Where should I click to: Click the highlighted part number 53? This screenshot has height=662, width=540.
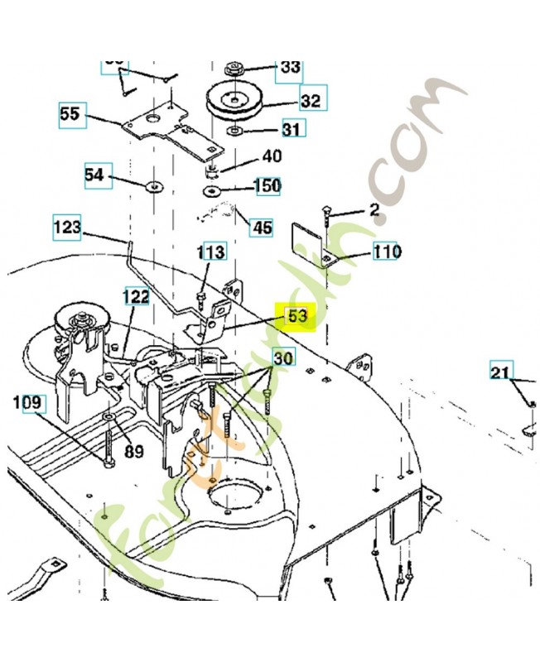297,315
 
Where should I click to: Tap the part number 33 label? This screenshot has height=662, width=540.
290,67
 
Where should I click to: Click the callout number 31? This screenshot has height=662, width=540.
291,129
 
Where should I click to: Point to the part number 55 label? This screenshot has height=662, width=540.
72,114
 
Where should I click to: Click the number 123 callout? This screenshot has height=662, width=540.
67,226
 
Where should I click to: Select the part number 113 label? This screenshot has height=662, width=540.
212,252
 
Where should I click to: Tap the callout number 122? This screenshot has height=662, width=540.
137,296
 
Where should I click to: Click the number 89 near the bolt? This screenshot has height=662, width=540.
134,451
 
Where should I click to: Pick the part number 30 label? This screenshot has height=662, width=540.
283,358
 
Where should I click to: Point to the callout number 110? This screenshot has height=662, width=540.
386,252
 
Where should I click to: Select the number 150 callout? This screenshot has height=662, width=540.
267,185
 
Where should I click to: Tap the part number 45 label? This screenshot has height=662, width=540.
262,226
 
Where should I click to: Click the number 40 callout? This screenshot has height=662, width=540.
272,156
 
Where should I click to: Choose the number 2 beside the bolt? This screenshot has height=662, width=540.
374,210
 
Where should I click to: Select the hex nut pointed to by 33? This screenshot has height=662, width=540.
234,67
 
